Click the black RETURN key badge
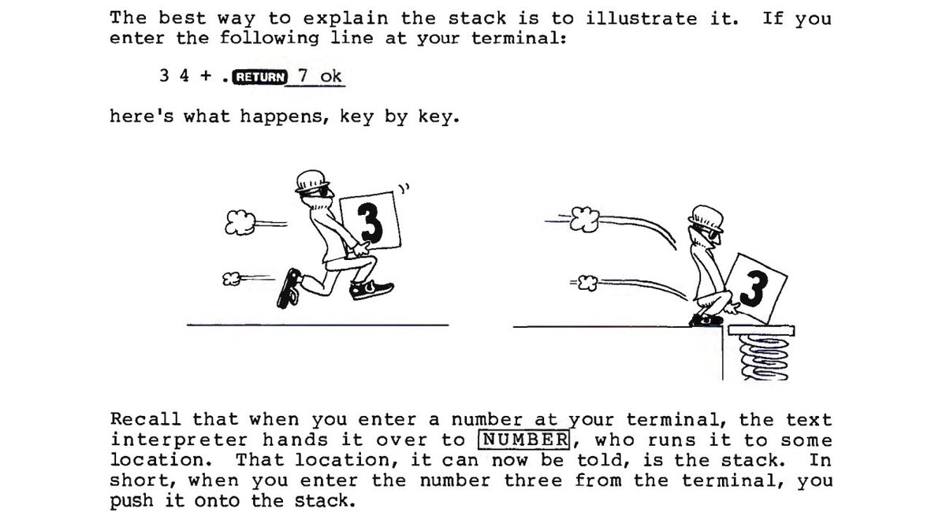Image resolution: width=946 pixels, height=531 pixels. click(259, 77)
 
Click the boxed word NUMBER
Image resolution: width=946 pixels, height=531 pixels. click(524, 440)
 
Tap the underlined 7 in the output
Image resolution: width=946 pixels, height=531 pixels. click(303, 76)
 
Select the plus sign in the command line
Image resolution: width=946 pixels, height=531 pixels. click(206, 76)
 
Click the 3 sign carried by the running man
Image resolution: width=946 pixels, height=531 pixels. click(370, 221)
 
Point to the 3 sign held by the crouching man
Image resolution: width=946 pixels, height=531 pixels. click(755, 288)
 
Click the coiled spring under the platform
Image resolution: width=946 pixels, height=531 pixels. click(765, 358)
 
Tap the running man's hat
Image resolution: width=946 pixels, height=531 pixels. click(312, 181)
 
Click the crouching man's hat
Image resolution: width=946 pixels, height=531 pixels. click(706, 217)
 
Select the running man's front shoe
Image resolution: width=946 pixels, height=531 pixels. click(371, 290)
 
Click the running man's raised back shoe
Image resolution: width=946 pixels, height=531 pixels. click(289, 288)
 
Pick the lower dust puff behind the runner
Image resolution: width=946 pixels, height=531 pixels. click(232, 279)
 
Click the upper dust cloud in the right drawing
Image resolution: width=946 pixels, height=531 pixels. click(585, 219)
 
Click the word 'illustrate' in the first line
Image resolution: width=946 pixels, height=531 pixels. click(642, 19)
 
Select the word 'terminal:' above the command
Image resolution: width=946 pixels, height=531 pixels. click(519, 39)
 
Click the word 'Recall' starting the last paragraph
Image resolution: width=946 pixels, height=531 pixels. click(146, 419)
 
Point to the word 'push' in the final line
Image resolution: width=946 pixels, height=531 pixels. click(132, 501)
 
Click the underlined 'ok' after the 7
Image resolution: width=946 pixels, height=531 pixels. click(330, 76)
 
